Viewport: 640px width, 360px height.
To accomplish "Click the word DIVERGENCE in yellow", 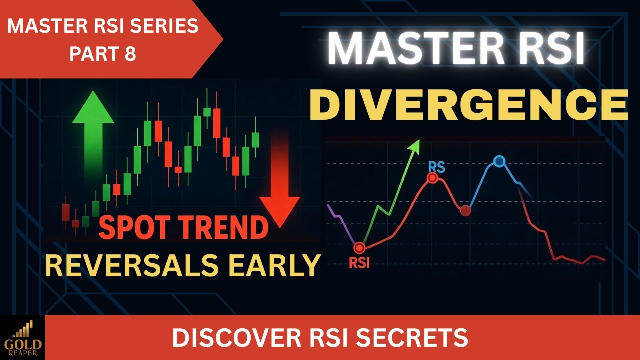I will [468, 105].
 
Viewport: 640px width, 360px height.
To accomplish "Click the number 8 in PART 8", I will [130, 54].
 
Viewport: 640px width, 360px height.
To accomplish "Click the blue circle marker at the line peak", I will [499, 161].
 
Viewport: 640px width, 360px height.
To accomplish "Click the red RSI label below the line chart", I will [359, 263].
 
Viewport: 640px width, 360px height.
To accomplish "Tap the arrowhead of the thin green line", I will [414, 145].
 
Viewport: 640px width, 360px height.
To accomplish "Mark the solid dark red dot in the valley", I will [465, 210].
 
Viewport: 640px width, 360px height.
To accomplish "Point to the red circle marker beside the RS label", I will [432, 178].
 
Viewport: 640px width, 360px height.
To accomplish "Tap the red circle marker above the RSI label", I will [358, 247].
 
